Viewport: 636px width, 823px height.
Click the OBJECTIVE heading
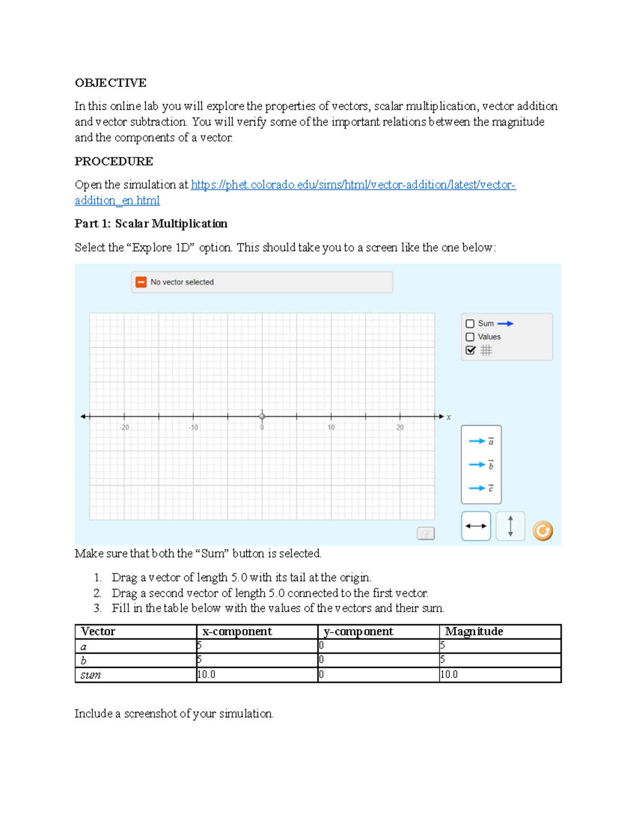(110, 83)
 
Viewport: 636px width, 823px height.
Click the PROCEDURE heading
(113, 161)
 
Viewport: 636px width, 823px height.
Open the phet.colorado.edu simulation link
(352, 185)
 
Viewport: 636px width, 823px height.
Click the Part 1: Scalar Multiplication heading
(151, 224)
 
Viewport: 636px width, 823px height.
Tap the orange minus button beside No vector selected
(141, 282)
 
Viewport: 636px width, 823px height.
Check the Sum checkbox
(470, 324)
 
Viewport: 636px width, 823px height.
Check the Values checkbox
(470, 337)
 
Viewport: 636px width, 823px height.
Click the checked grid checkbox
(470, 350)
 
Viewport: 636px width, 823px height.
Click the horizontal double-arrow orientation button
(475, 526)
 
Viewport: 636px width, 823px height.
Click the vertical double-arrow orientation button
(510, 526)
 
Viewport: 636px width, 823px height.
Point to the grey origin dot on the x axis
(262, 417)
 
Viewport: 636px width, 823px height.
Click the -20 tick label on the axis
(124, 428)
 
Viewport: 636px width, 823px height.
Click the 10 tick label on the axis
(331, 428)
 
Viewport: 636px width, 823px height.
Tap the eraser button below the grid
(426, 533)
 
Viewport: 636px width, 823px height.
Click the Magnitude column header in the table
(474, 632)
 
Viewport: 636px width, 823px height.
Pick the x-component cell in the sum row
(257, 675)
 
